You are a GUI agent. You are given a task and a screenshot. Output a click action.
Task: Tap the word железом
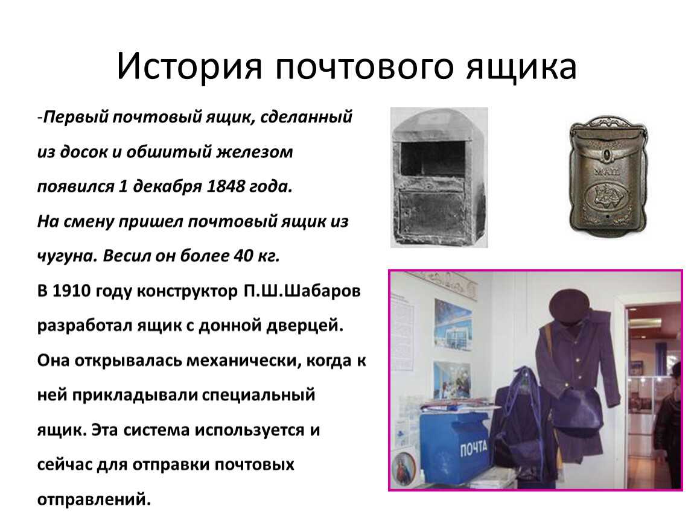(255, 152)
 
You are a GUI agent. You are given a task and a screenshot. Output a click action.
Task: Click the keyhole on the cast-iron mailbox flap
(607, 154)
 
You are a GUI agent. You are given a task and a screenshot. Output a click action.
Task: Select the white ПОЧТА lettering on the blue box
(473, 449)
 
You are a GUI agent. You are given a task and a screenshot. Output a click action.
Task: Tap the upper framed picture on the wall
(453, 325)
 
